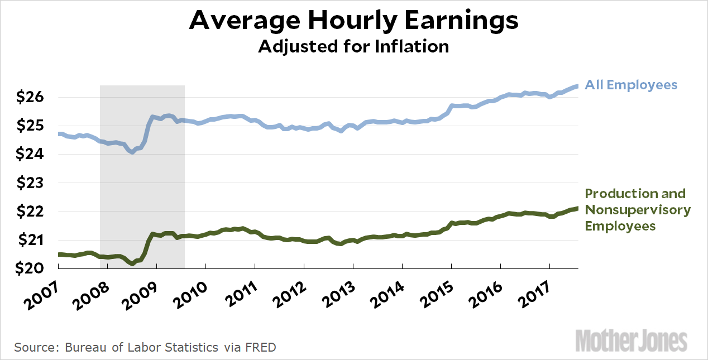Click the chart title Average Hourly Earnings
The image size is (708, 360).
pos(354,21)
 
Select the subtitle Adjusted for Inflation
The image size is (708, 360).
pos(353,46)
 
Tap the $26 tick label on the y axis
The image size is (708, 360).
pos(31,97)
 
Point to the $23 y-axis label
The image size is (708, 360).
pos(31,183)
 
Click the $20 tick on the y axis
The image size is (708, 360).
pos(31,268)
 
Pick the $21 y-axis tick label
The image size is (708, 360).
pos(31,240)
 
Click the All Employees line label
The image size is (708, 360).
pos(631,85)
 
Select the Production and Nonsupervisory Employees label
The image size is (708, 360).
pos(637,210)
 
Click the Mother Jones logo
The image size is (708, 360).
pos(631,340)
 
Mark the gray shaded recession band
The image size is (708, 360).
pos(142,167)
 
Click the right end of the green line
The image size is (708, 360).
pos(577,208)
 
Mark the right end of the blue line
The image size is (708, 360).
pos(577,86)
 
